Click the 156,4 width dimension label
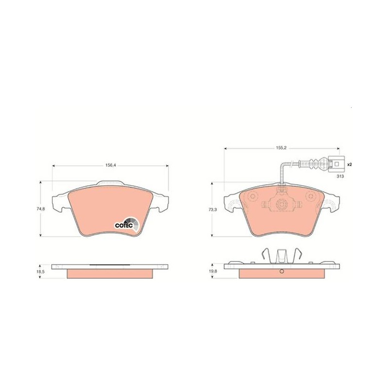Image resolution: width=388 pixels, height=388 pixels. (x=111, y=165)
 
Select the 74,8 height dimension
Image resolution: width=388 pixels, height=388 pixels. (x=41, y=209)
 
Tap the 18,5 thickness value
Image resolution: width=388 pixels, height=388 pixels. (x=41, y=272)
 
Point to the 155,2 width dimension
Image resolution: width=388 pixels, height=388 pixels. (x=281, y=148)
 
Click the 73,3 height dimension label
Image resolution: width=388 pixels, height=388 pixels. (x=212, y=210)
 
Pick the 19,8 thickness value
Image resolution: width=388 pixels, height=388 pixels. (x=212, y=271)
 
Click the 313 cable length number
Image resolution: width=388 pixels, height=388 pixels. (x=340, y=177)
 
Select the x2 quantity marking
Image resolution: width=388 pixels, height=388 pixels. (x=349, y=164)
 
